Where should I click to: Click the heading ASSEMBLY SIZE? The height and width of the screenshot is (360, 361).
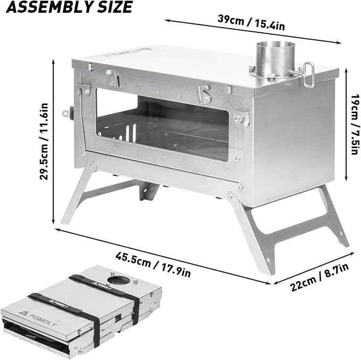tap(69, 7)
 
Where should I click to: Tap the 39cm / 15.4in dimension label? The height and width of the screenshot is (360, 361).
tap(251, 22)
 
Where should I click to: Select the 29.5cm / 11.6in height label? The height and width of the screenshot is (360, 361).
tap(44, 141)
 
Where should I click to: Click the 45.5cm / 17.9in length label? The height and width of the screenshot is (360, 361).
tap(153, 264)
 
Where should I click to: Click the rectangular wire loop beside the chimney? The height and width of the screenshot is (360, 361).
tap(309, 75)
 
